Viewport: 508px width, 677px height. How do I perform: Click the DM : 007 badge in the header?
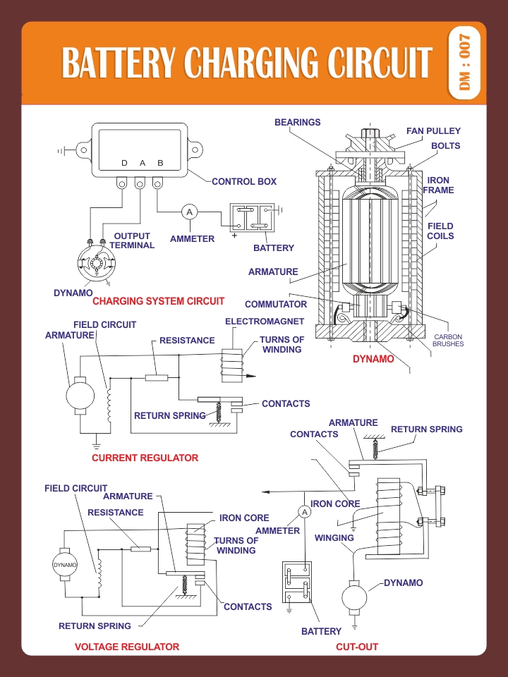tap(465, 63)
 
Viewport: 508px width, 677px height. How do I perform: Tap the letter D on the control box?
tap(124, 163)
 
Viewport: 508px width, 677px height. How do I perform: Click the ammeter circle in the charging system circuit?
tap(189, 212)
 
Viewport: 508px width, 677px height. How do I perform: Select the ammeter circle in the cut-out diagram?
tap(305, 512)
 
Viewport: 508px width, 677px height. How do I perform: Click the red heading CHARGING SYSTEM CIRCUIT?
tap(159, 301)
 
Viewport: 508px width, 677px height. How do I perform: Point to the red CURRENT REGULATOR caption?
tap(145, 458)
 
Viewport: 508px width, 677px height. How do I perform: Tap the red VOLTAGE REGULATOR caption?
tap(127, 647)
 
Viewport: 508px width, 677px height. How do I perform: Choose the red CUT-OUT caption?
tap(357, 647)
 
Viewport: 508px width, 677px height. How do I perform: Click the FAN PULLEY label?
tap(433, 131)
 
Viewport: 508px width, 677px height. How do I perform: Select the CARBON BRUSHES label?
tap(448, 340)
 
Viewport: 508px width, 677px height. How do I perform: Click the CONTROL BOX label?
tap(244, 182)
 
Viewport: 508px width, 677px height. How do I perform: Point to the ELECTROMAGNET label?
tap(265, 322)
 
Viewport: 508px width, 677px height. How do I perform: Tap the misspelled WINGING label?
tap(334, 537)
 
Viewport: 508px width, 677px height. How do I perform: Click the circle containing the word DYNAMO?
tap(65, 565)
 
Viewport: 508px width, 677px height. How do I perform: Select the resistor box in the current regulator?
tap(157, 378)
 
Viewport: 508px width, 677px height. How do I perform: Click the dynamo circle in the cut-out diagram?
tap(354, 598)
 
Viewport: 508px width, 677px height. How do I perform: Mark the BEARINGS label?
tap(298, 122)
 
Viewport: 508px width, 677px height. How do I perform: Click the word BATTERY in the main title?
tap(119, 63)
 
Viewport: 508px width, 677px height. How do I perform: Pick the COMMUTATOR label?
tap(276, 304)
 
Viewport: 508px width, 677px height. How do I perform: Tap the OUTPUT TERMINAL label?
tap(132, 240)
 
